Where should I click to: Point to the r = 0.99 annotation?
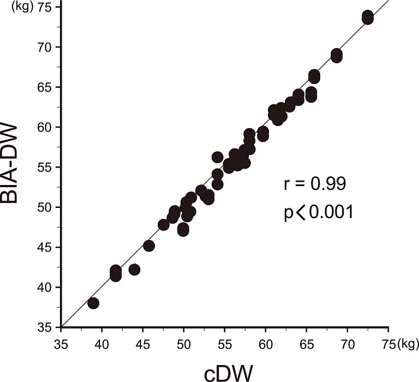point(314,184)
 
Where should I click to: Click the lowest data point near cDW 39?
point(93,303)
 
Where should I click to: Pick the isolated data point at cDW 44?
point(134,270)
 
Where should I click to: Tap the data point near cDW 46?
point(148,246)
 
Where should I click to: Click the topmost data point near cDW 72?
point(368,15)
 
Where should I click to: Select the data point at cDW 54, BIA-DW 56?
point(217,157)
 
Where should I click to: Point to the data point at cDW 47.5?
point(163,224)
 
